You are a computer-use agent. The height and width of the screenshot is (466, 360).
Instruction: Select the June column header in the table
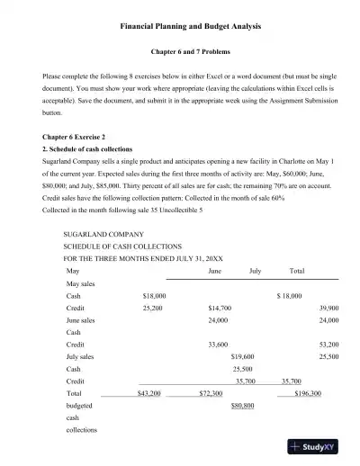pyautogui.click(x=215, y=270)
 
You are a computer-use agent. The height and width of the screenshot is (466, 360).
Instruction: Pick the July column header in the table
pyautogui.click(x=255, y=270)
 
